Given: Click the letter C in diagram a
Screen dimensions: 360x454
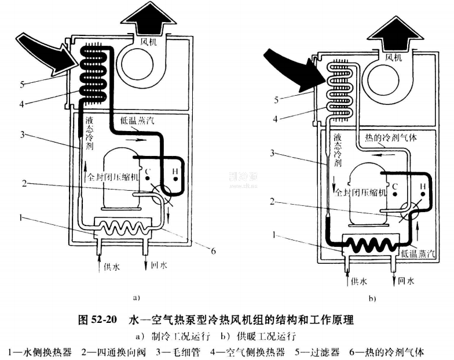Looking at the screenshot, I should pyautogui.click(x=148, y=171).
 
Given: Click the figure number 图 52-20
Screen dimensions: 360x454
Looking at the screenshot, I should pyautogui.click(x=98, y=320).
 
